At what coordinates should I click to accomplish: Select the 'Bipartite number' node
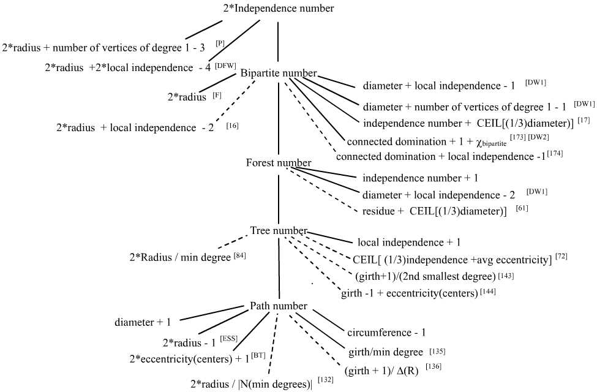pyautogui.click(x=279, y=73)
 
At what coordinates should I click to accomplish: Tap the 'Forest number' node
pyautogui.click(x=279, y=163)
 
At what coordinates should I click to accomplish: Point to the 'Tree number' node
pyautogui.click(x=279, y=231)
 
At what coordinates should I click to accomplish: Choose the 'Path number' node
pyautogui.click(x=279, y=306)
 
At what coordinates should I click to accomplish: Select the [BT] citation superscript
pyautogui.click(x=258, y=355)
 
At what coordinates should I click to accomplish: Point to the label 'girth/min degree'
pyautogui.click(x=385, y=353)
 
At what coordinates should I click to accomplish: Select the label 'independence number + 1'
pyautogui.click(x=420, y=178)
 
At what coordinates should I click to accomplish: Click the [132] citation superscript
pyautogui.click(x=325, y=380)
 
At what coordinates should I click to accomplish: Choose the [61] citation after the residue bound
pyautogui.click(x=522, y=209)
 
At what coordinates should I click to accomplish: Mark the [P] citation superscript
pyautogui.click(x=220, y=42)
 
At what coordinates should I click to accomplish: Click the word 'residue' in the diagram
pyautogui.click(x=378, y=212)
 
